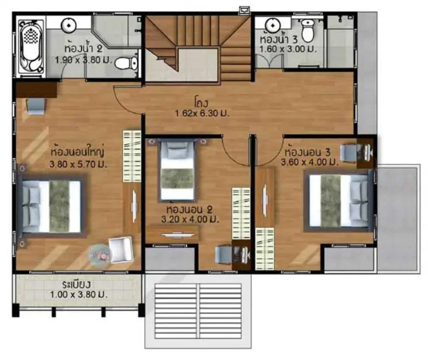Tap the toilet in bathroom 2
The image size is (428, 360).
click(x=127, y=63)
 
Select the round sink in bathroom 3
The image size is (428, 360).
click(x=273, y=25)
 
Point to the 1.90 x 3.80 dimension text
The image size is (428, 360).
click(x=84, y=60)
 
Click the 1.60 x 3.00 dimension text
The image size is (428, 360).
click(x=288, y=49)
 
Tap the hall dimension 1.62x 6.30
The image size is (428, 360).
click(x=202, y=113)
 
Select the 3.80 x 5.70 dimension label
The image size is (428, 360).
click(x=78, y=164)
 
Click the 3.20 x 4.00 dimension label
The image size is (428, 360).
click(x=190, y=219)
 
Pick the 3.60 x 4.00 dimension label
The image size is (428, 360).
click(x=309, y=162)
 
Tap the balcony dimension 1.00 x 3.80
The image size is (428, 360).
click(x=79, y=295)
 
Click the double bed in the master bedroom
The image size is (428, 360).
click(x=52, y=206)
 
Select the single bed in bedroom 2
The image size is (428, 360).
click(x=177, y=170)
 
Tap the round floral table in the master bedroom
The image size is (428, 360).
click(x=100, y=256)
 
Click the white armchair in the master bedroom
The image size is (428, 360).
click(x=121, y=250)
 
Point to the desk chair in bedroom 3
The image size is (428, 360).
click(x=348, y=153)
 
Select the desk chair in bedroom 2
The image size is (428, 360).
click(x=223, y=255)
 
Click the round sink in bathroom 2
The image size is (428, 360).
click(x=68, y=25)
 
